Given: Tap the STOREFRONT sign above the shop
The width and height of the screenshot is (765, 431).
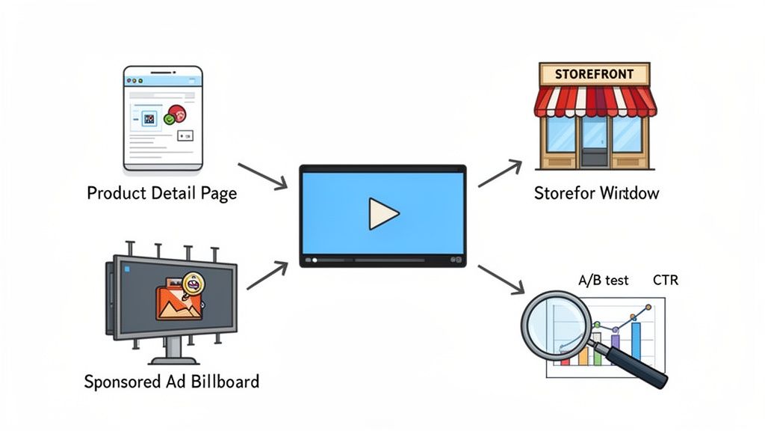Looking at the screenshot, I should pyautogui.click(x=595, y=74).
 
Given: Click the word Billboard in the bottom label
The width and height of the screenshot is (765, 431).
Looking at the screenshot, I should pyautogui.click(x=222, y=382).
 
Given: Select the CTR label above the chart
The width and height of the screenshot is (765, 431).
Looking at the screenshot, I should pyautogui.click(x=665, y=281).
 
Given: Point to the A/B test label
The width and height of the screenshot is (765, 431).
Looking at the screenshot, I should pyautogui.click(x=603, y=281).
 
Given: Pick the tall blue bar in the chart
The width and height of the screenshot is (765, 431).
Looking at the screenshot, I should pyautogui.click(x=636, y=340).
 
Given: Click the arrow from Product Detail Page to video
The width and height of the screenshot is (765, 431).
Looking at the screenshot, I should pyautogui.click(x=262, y=175).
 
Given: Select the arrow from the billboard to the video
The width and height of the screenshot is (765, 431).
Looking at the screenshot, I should pyautogui.click(x=267, y=275).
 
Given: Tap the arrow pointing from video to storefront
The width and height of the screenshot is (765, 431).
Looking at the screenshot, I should pyautogui.click(x=500, y=174).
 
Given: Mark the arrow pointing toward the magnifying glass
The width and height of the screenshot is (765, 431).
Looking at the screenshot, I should pyautogui.click(x=501, y=278).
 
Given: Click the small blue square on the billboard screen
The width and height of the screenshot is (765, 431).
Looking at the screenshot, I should pyautogui.click(x=127, y=268).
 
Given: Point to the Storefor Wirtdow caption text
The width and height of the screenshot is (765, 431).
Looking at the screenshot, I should pyautogui.click(x=596, y=193).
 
